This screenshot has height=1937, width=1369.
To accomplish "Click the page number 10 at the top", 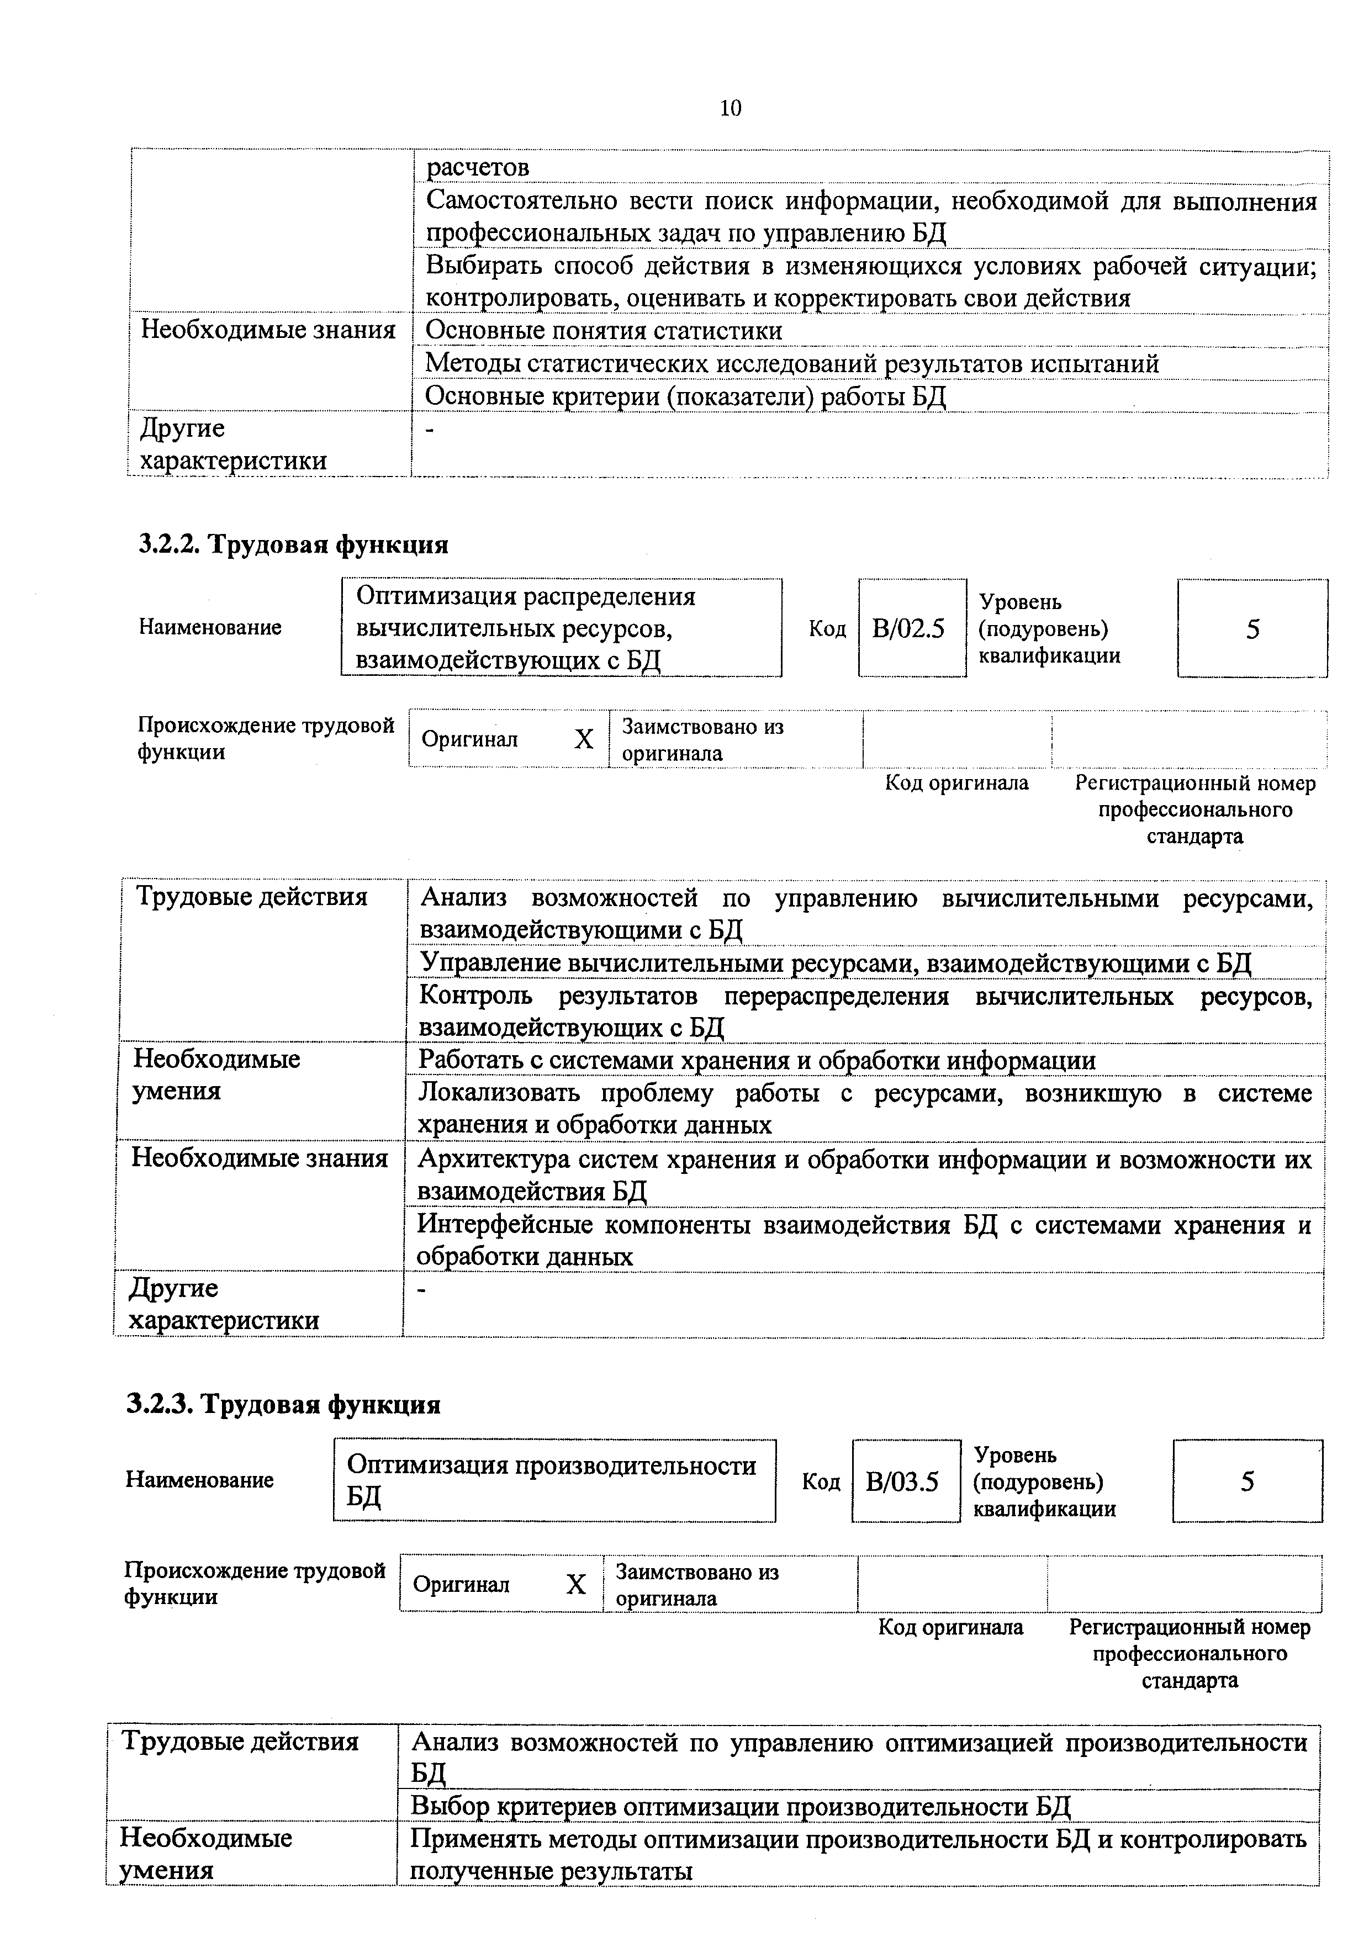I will coord(731,108).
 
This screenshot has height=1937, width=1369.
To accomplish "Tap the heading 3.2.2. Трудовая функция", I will coord(294,545).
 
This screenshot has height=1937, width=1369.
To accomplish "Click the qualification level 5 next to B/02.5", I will coord(1252,629).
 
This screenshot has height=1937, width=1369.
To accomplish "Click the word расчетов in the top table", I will coord(478,168).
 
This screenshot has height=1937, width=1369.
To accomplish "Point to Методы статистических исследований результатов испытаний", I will coord(791,364).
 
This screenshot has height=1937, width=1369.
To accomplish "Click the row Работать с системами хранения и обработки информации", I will coord(757,1061).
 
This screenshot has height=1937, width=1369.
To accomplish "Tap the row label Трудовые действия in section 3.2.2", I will coord(251,897).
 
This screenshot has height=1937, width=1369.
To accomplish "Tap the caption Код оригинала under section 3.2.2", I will coord(956,784).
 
